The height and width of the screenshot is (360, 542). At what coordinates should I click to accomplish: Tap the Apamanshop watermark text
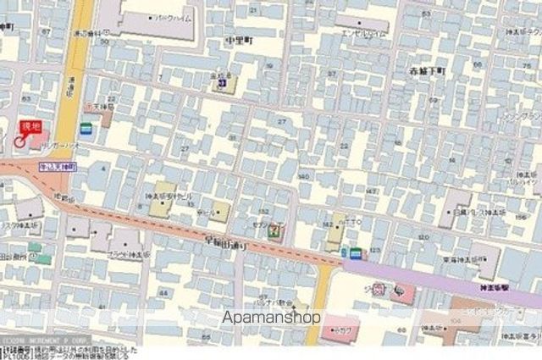pyautogui.click(x=271, y=318)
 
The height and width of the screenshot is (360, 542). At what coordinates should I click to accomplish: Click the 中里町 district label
pyautogui.click(x=240, y=41)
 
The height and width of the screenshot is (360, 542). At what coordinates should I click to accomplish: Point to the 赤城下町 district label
pyautogui.click(x=426, y=71)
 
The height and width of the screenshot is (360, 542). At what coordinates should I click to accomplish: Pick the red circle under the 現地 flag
pyautogui.click(x=19, y=142)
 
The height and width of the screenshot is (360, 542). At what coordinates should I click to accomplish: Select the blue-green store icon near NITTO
pyautogui.click(x=356, y=252)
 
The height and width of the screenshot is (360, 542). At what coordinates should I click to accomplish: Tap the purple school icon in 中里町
pyautogui.click(x=222, y=83)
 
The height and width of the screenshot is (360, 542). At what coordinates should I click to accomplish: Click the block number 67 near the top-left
pyautogui.click(x=47, y=31)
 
